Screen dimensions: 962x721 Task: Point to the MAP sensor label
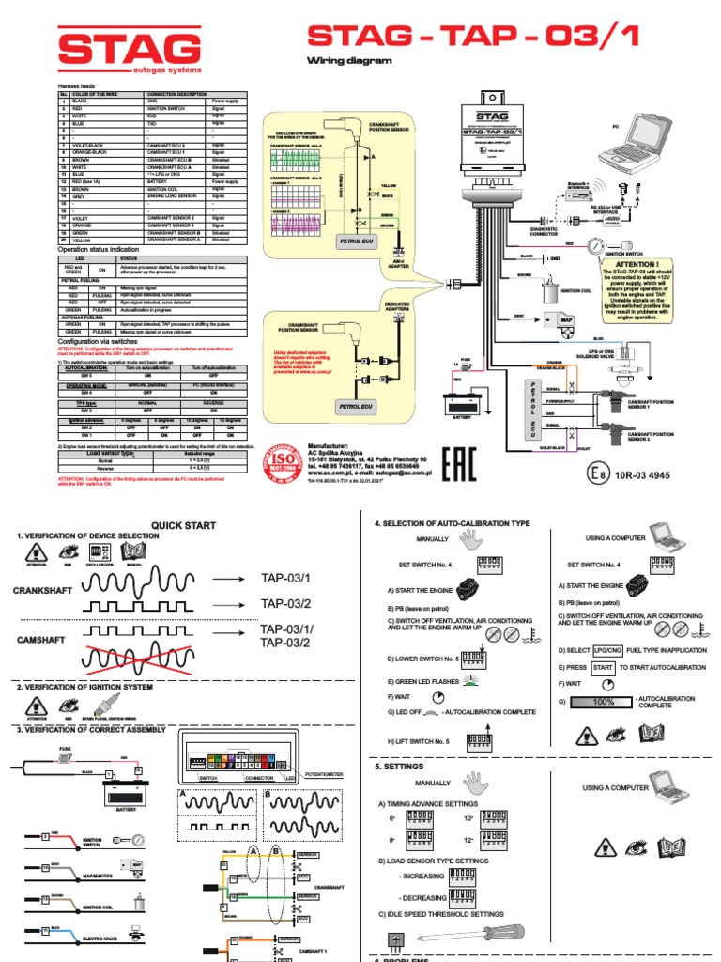pos(567,320)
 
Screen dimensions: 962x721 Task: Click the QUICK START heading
pos(184,525)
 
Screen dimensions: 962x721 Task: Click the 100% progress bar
pos(603,702)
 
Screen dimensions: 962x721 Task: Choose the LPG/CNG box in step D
pos(611,649)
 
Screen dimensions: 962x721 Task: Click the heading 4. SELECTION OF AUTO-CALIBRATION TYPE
pos(453,522)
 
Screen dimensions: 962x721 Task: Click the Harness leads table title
pos(79,86)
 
